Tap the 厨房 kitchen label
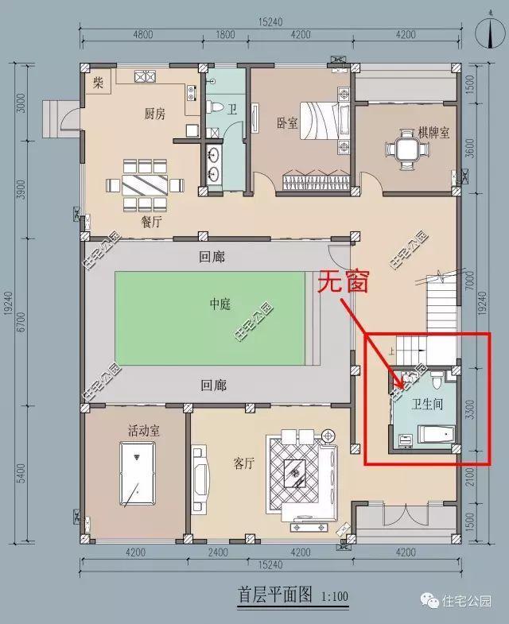[x=154, y=114]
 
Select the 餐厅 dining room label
[x=151, y=222]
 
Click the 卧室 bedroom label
[x=287, y=123]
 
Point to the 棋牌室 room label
[x=433, y=132]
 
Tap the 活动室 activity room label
[x=144, y=430]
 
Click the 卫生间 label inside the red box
[x=428, y=403]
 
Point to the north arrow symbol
[x=483, y=29]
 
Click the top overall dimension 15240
[x=271, y=21]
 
